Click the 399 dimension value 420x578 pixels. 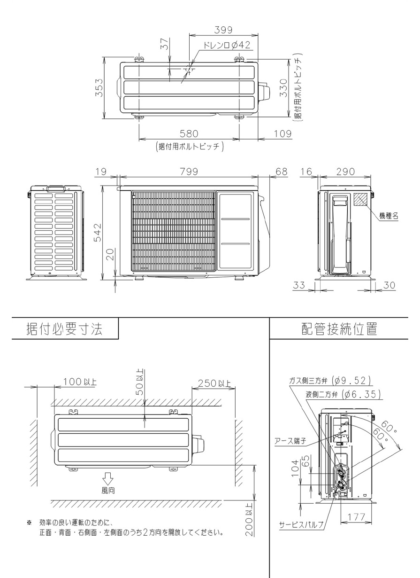coord(223,30)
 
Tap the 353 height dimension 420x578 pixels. coord(99,87)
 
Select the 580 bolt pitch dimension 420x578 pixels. coord(189,133)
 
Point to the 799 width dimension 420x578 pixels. coord(189,172)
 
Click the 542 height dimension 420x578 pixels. coord(98,233)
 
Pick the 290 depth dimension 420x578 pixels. coord(345,172)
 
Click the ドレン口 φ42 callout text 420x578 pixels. coord(227,45)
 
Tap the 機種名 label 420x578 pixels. coord(389,216)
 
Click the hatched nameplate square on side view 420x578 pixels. coord(360,199)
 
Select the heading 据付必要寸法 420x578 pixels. coord(64,329)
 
